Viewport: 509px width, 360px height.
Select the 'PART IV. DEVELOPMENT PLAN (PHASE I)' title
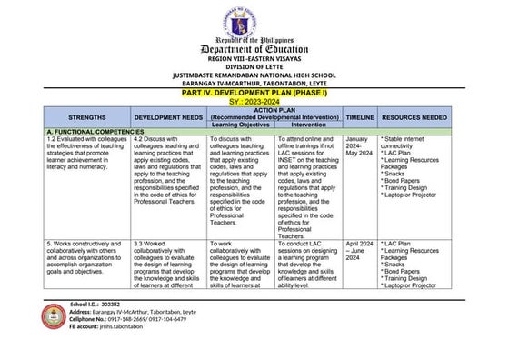[x=254, y=93]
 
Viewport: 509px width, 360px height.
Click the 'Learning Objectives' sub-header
[x=239, y=124]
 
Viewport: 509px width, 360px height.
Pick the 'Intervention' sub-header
[x=307, y=124]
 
